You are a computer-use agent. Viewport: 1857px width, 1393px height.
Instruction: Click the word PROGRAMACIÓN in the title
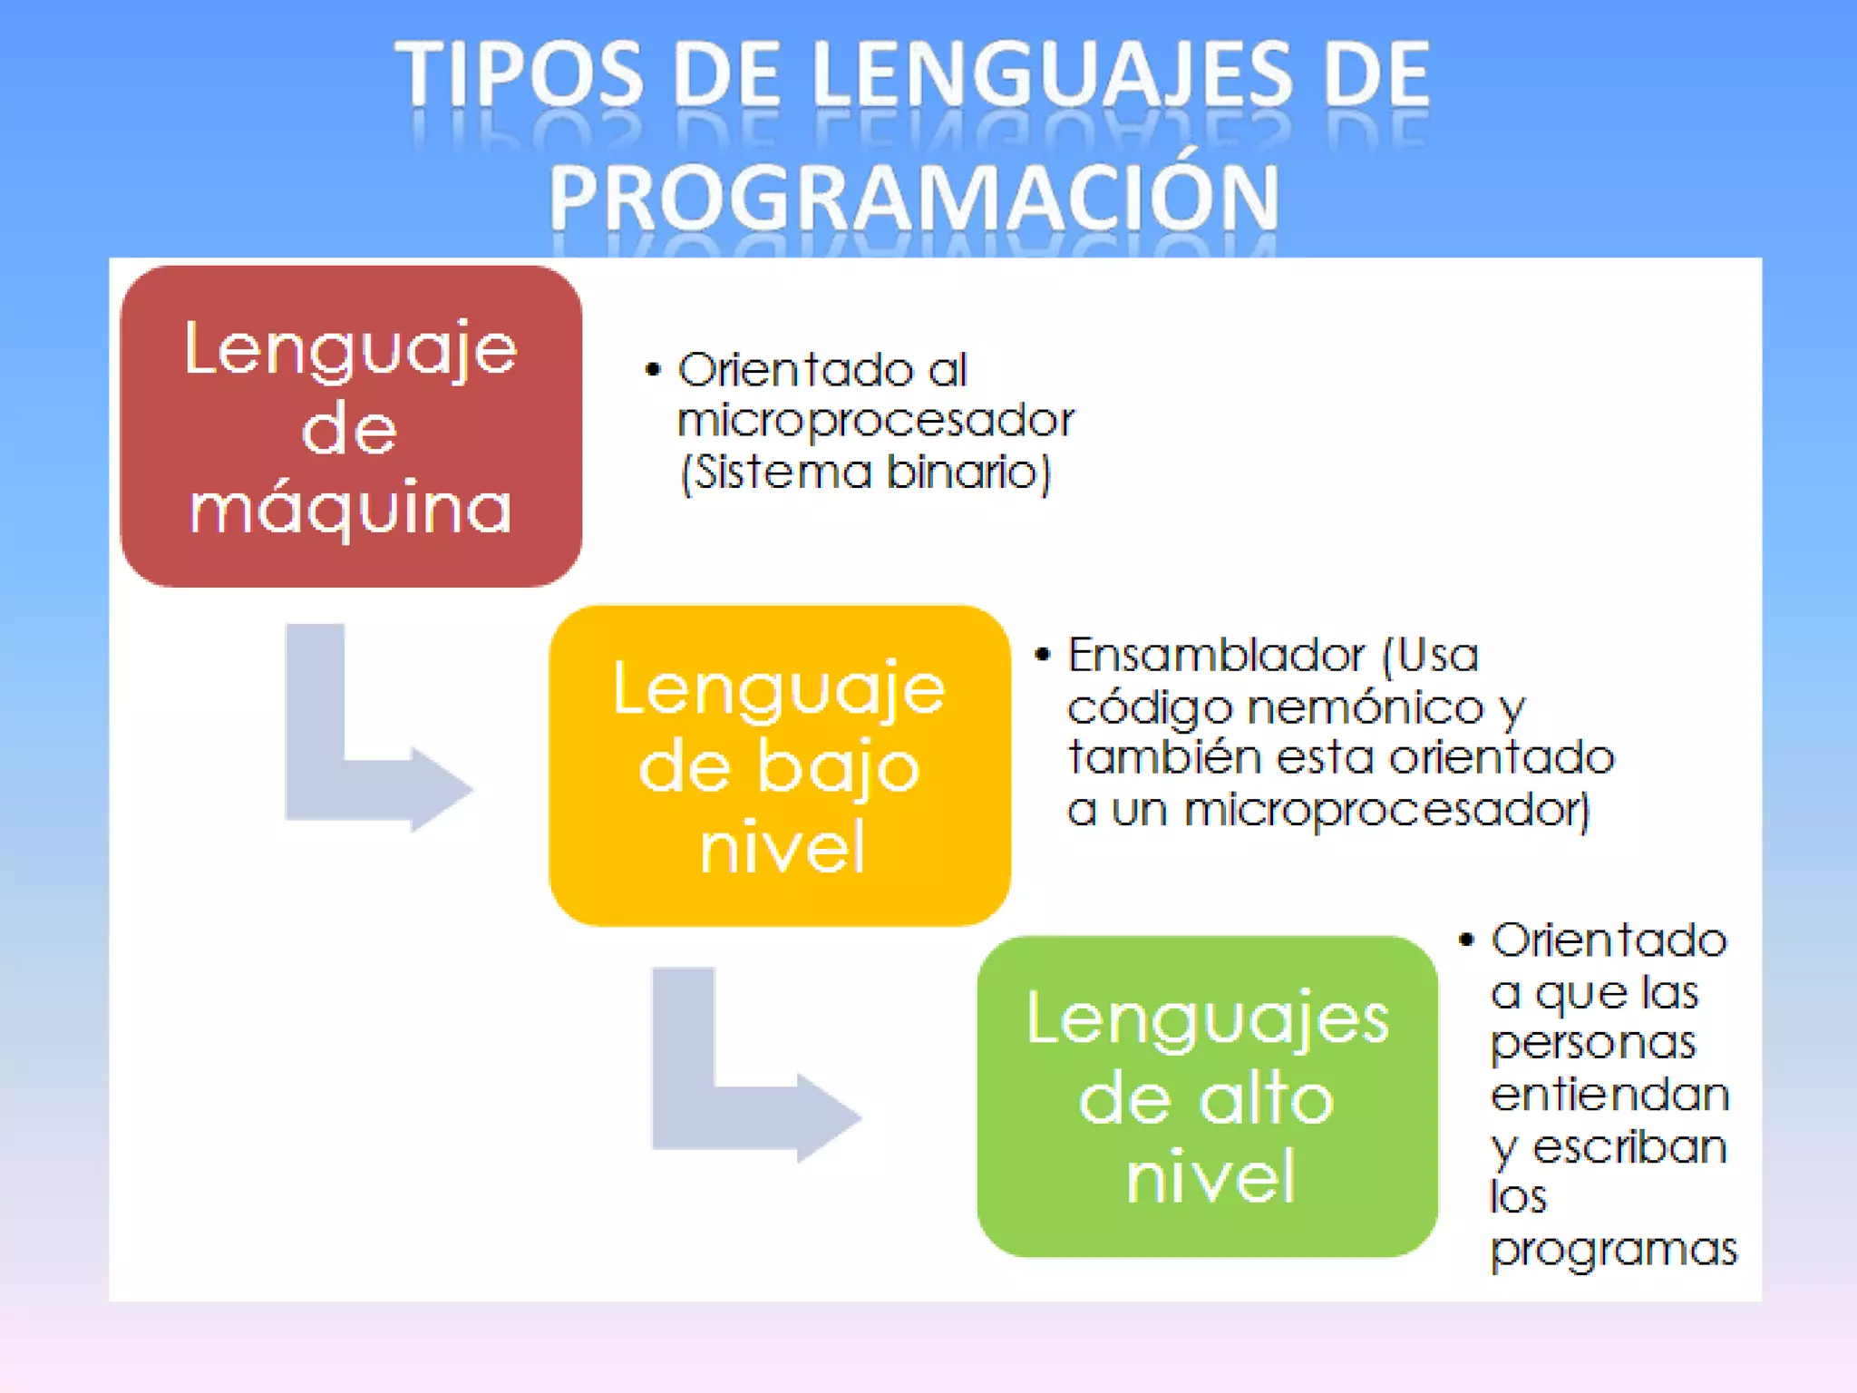coord(914,198)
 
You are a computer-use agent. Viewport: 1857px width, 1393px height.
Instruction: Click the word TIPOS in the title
coord(519,74)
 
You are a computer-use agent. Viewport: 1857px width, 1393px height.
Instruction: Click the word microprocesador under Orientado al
coord(876,421)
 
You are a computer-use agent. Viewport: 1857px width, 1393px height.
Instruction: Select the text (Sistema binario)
coord(866,472)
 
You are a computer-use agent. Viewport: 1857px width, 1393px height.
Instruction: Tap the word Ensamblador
coord(1216,655)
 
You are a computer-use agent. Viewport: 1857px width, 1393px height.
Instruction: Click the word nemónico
coord(1366,707)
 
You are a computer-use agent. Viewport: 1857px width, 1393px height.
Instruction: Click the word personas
coord(1593,1043)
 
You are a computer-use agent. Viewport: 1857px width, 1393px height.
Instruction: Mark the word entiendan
coord(1610,1095)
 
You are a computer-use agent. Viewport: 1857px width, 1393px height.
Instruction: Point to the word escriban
coord(1630,1147)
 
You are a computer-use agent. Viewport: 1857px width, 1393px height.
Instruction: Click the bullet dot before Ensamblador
coord(1043,655)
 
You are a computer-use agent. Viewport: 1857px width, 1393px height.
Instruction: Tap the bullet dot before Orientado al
coord(653,370)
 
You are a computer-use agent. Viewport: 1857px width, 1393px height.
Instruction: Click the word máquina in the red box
coord(351,509)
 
